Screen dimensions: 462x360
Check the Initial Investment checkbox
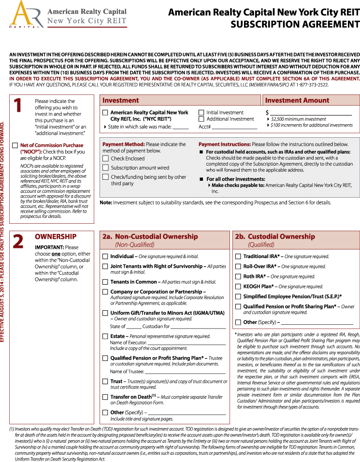[202, 113]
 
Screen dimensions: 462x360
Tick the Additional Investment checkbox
[202, 119]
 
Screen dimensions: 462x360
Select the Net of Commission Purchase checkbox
[15, 145]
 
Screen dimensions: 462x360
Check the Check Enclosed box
[105, 159]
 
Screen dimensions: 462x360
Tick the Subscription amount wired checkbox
[105, 168]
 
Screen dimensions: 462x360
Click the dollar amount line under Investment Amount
[311, 113]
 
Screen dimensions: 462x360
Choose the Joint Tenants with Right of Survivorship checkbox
[105, 266]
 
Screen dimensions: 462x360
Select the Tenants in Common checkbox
[105, 282]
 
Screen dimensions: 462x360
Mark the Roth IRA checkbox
[238, 276]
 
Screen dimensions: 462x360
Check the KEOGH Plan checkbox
[238, 287]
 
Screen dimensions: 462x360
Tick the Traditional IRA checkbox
[238, 257]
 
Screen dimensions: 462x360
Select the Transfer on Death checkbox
[105, 397]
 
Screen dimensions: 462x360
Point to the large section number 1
[18, 106]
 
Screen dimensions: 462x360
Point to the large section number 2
[18, 242]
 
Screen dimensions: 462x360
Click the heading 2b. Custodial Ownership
[274, 237]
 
